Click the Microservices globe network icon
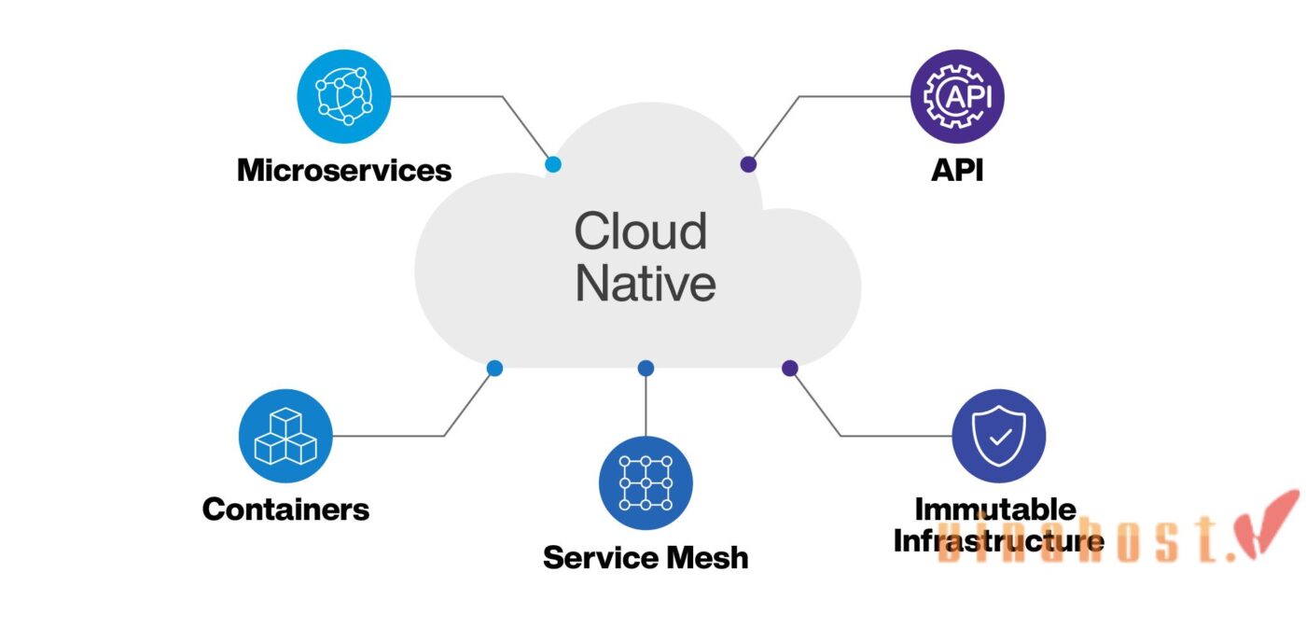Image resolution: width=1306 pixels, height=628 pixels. click(x=343, y=96)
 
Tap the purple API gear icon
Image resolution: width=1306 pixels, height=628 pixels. click(x=957, y=96)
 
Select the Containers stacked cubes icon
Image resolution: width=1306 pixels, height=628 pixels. click(x=285, y=436)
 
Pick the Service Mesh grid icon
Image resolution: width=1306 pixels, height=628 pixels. click(x=646, y=482)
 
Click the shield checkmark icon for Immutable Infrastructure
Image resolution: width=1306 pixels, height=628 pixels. click(x=999, y=436)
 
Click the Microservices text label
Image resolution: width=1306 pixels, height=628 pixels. click(x=344, y=171)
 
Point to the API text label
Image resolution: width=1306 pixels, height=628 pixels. click(x=957, y=171)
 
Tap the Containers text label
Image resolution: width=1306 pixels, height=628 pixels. click(x=285, y=509)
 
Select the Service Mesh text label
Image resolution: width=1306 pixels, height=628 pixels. click(x=646, y=558)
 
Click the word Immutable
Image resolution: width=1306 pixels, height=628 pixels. click(x=995, y=509)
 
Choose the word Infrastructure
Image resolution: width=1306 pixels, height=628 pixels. click(x=999, y=540)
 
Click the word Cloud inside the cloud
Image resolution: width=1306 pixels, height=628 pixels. click(x=640, y=231)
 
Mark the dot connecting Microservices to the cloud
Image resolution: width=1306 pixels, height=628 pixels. click(x=553, y=164)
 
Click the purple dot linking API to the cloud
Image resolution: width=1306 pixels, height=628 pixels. click(x=748, y=164)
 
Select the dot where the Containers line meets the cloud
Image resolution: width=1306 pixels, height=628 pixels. click(x=494, y=369)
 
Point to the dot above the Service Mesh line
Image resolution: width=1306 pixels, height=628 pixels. click(x=646, y=369)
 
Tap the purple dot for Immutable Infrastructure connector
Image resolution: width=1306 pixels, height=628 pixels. click(x=790, y=369)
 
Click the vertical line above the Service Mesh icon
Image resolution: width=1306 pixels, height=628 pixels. click(x=646, y=406)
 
